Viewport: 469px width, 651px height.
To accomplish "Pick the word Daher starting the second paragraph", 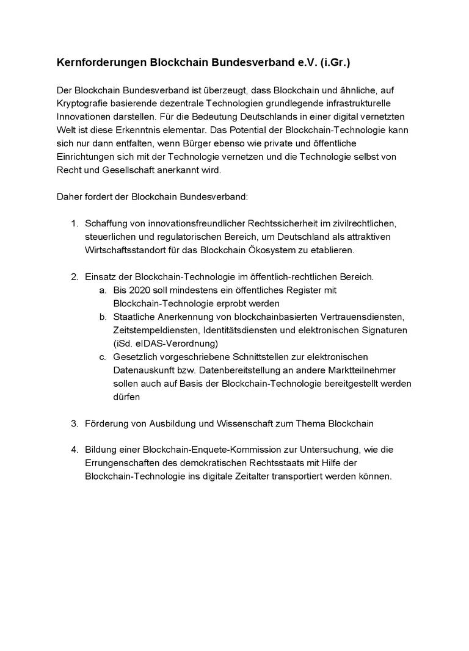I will pyautogui.click(x=68, y=197).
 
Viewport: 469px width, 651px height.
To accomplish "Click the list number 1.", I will pyautogui.click(x=74, y=224).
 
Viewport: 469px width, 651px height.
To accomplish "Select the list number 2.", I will pyautogui.click(x=74, y=277).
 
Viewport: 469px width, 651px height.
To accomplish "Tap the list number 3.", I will pyautogui.click(x=74, y=423).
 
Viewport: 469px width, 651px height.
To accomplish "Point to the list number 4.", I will pyautogui.click(x=74, y=450).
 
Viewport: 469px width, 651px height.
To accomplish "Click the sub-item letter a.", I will pyautogui.click(x=103, y=290).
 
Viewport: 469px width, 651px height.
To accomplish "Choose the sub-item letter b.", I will pyautogui.click(x=103, y=317).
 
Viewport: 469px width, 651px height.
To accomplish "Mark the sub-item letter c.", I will pyautogui.click(x=103, y=356).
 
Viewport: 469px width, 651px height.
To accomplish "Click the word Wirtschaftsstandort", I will pyautogui.click(x=126, y=250).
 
